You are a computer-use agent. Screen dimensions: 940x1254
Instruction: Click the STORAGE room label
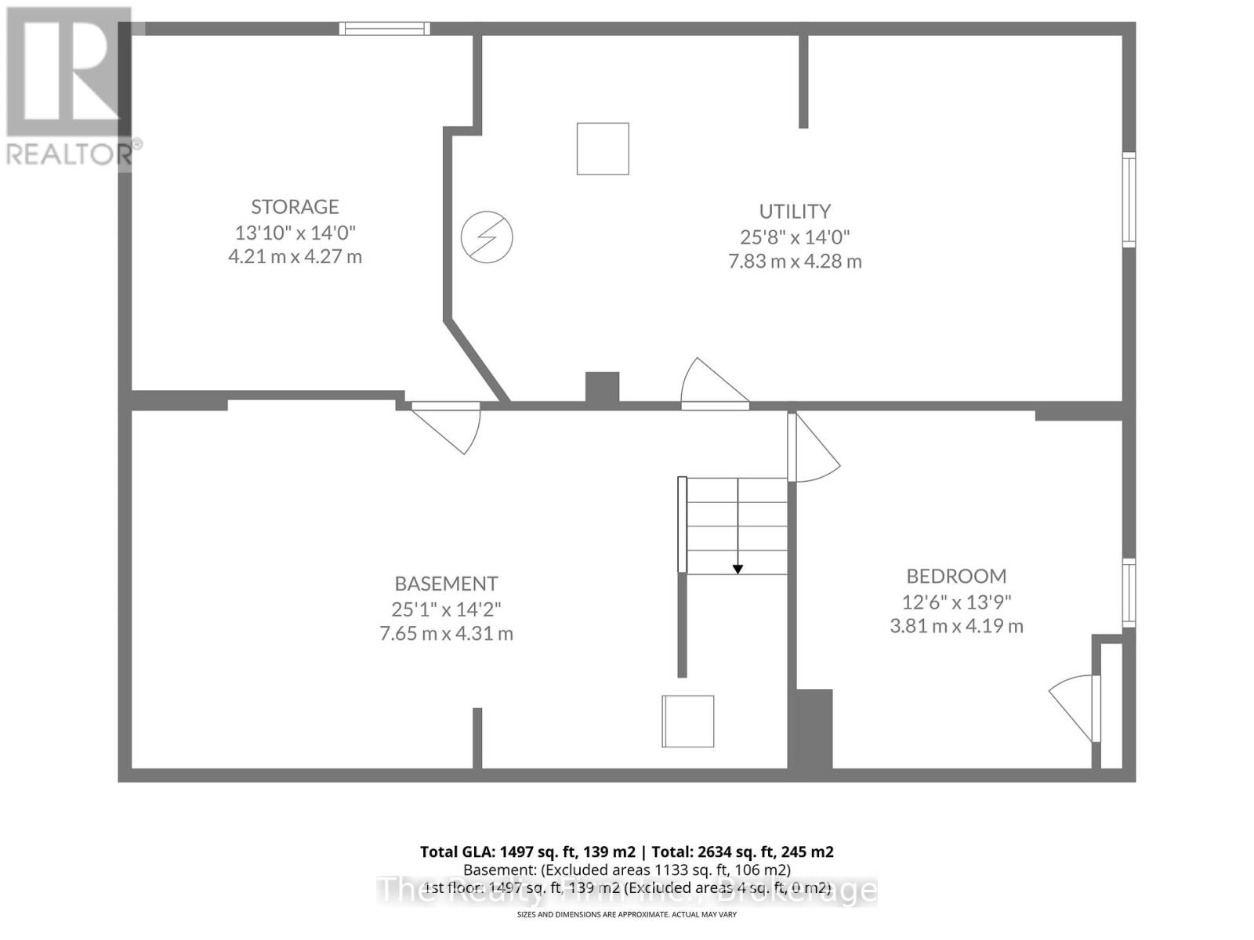(x=295, y=207)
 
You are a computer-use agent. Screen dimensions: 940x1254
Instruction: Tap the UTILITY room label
(x=795, y=211)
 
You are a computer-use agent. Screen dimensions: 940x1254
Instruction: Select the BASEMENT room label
(x=446, y=584)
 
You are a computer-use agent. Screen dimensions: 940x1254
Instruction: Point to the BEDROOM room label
(x=956, y=577)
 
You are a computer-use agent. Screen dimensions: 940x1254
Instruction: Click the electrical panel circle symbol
(x=487, y=236)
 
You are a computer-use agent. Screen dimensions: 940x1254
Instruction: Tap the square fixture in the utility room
(x=603, y=149)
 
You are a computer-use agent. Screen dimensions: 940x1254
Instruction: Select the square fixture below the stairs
(x=688, y=721)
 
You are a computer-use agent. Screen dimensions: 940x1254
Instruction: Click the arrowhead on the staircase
(x=738, y=569)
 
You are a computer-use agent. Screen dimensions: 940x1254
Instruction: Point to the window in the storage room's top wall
(x=385, y=29)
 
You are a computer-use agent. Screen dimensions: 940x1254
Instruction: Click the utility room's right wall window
(x=1129, y=200)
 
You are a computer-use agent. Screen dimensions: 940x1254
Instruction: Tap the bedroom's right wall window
(x=1129, y=592)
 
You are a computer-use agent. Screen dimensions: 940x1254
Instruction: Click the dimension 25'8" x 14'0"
(x=795, y=237)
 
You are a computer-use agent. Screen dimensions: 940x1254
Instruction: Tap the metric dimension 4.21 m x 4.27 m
(x=295, y=257)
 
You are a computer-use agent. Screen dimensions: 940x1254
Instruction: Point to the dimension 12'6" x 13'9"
(x=956, y=602)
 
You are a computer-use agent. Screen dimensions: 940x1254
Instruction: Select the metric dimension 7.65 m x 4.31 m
(x=446, y=634)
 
